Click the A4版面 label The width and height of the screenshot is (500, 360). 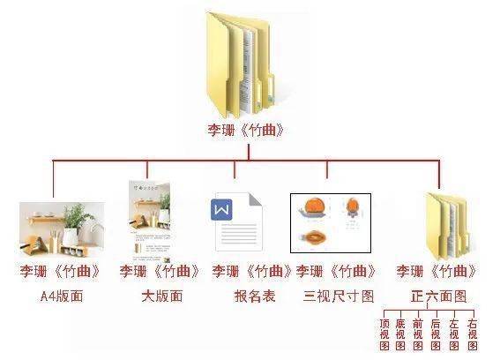pyautogui.click(x=62, y=296)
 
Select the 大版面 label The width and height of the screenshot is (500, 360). pyautogui.click(x=162, y=296)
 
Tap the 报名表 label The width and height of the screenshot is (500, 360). pyautogui.click(x=255, y=296)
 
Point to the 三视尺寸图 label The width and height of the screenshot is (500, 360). pyautogui.click(x=339, y=296)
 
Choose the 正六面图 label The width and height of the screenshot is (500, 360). pyautogui.click(x=439, y=296)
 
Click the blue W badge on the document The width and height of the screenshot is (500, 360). pyautogui.click(x=221, y=210)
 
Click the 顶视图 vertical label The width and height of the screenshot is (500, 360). pyautogui.click(x=384, y=334)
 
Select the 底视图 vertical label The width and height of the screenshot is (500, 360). pyautogui.click(x=400, y=334)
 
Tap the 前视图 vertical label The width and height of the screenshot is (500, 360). pyautogui.click(x=418, y=334)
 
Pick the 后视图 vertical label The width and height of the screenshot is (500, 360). pyautogui.click(x=436, y=334)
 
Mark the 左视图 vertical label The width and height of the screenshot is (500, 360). pyautogui.click(x=454, y=334)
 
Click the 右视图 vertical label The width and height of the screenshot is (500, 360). pyautogui.click(x=473, y=334)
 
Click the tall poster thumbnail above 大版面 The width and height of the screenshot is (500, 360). pyautogui.click(x=150, y=221)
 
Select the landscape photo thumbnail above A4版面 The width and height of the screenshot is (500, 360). pyautogui.click(x=62, y=229)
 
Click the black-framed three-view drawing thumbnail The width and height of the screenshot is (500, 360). pyautogui.click(x=331, y=222)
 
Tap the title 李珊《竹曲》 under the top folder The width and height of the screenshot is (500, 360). pyautogui.click(x=246, y=131)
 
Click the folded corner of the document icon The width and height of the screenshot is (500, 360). pyautogui.click(x=256, y=199)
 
